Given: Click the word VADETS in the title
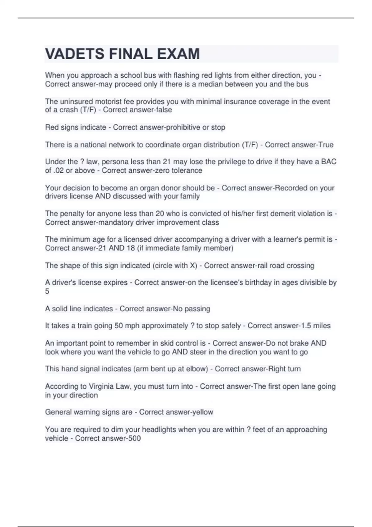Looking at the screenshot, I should pos(75,54).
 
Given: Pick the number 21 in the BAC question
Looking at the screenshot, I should pos(167,162).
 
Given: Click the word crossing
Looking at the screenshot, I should pos(300,265).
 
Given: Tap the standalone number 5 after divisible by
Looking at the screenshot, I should pos(47,291).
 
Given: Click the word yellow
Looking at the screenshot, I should pos(202,412).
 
